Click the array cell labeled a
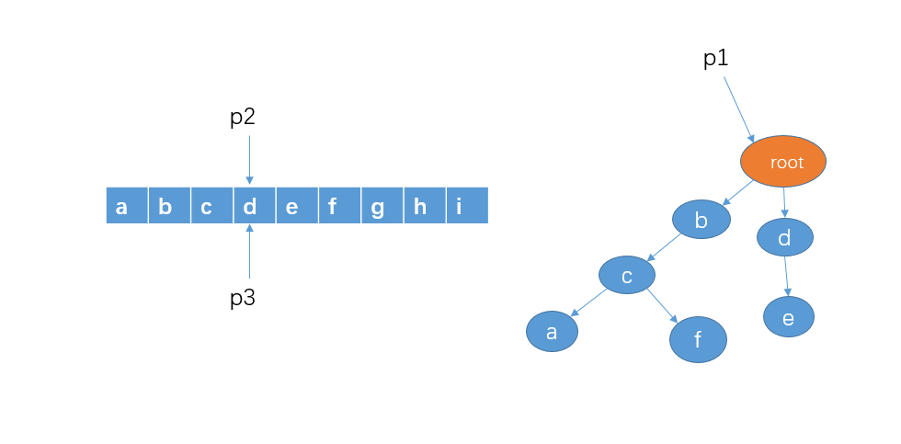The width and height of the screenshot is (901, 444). click(127, 206)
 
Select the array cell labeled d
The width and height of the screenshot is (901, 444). click(255, 206)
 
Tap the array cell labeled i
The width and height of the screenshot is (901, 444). click(466, 206)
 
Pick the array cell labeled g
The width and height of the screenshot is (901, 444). click(382, 206)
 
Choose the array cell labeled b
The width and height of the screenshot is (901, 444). click(169, 206)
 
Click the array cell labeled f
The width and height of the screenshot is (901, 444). click(339, 206)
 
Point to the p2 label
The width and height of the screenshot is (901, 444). click(242, 118)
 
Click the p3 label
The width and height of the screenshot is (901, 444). click(242, 299)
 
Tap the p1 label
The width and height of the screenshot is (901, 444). click(715, 59)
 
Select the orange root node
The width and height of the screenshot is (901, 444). click(783, 162)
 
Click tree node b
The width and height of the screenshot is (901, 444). click(701, 220)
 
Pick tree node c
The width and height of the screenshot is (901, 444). click(626, 275)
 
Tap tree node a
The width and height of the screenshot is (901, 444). click(552, 332)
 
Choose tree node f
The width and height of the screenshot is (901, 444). click(698, 341)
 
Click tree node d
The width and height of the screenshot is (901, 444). click(784, 238)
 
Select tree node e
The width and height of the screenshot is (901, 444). click(788, 316)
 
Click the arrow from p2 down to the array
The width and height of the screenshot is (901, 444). click(249, 158)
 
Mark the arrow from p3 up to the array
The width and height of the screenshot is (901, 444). click(249, 251)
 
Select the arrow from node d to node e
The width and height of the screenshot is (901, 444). click(786, 276)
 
